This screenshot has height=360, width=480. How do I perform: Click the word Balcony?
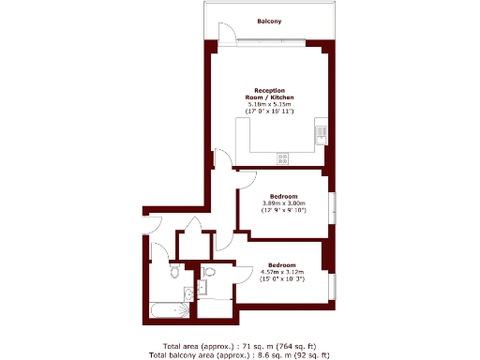tap(269, 21)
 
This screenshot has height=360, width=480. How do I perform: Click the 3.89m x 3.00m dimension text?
tap(283, 203)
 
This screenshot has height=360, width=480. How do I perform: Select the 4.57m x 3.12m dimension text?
tap(282, 273)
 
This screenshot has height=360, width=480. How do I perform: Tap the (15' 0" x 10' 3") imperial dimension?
tap(282, 280)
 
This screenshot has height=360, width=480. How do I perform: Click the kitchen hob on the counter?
tap(282, 156)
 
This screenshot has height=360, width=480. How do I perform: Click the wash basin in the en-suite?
tap(203, 287)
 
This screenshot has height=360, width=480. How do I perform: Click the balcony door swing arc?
tap(225, 36)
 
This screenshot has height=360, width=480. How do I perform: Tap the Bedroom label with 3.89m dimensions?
tap(283, 195)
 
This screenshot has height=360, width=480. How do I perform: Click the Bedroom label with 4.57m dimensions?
tap(282, 264)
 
